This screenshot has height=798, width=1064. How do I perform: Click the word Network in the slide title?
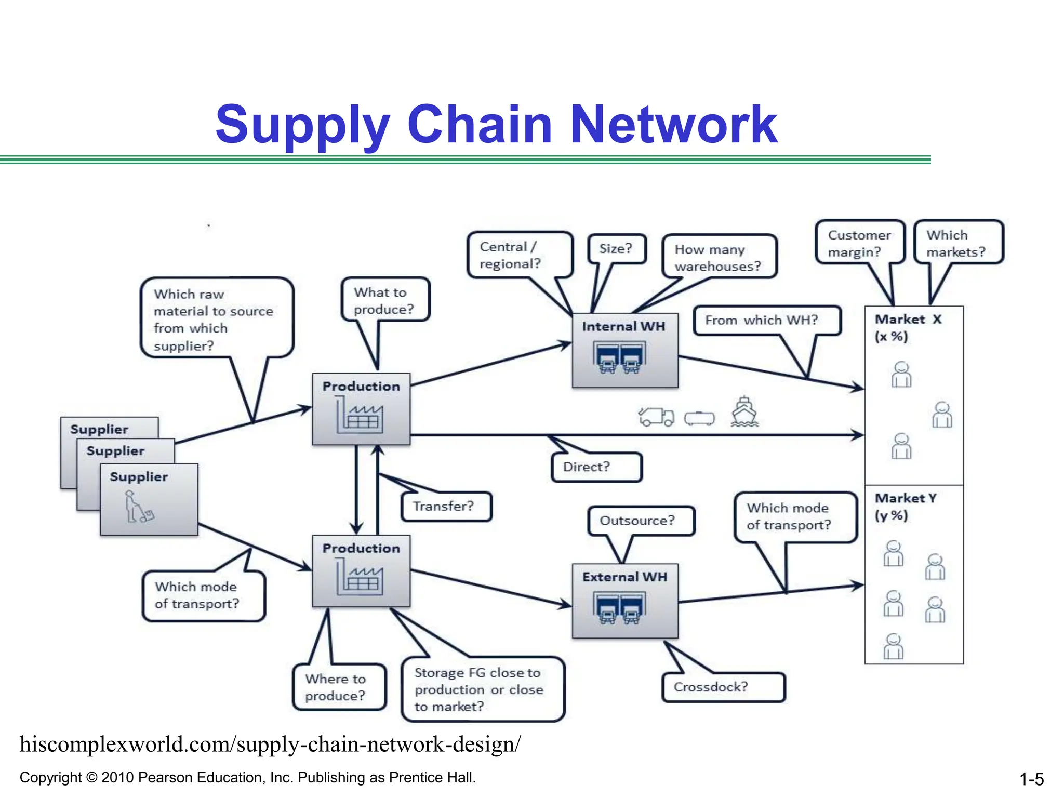[674, 125]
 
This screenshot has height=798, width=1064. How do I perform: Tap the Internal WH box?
[624, 351]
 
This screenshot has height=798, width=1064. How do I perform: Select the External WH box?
[624, 601]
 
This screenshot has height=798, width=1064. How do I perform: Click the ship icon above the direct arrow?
[744, 413]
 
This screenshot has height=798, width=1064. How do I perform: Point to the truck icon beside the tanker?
[656, 417]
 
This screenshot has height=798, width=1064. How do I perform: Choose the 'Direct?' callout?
[596, 467]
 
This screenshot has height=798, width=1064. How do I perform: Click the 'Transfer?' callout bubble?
[446, 507]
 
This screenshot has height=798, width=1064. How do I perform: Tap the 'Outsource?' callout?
[640, 521]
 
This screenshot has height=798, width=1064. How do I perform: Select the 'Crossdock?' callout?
[723, 687]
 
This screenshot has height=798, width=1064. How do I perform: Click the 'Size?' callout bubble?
[617, 249]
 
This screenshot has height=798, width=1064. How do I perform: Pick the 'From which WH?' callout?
[765, 321]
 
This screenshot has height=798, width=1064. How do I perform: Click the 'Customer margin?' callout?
[859, 243]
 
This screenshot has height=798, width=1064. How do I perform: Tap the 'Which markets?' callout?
[957, 243]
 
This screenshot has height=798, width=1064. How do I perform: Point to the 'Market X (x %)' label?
[907, 328]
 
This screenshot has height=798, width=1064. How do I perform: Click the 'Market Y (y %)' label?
[905, 507]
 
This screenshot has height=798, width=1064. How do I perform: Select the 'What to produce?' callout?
[385, 300]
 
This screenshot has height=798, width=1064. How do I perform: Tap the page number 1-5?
[1031, 779]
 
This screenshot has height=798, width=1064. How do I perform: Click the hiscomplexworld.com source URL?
[270, 744]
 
